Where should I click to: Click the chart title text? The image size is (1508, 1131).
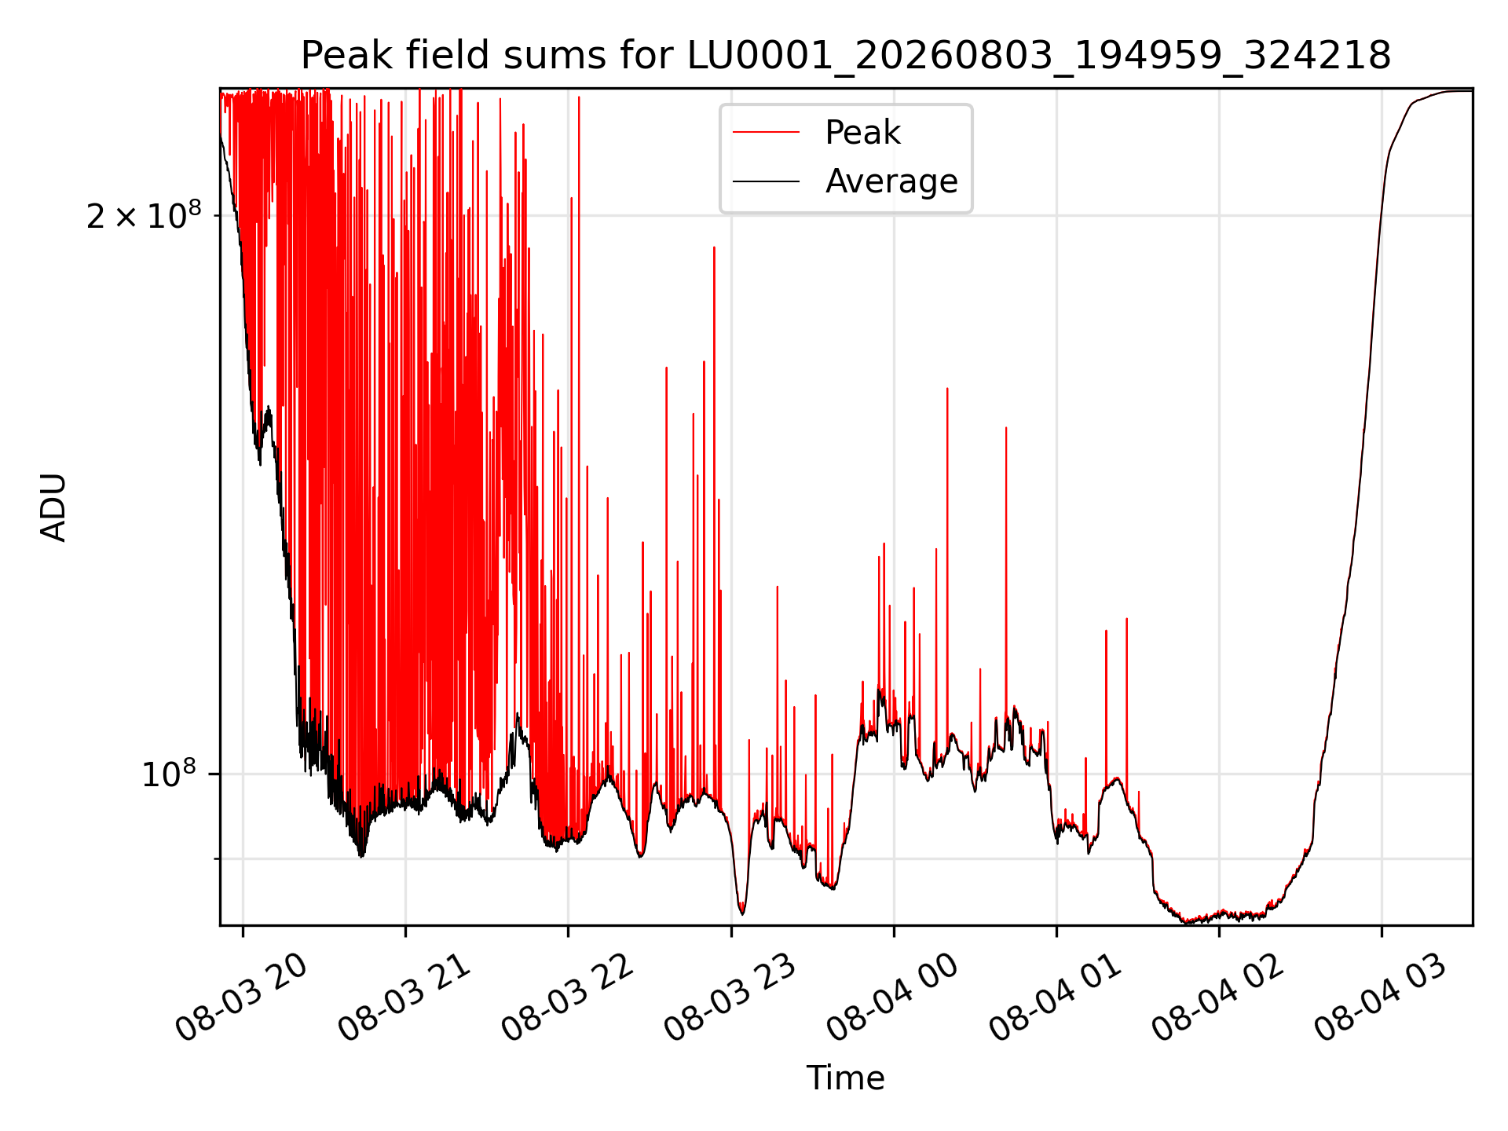[x=846, y=56]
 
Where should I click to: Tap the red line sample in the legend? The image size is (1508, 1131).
[x=766, y=133]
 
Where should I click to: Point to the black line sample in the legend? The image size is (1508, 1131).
[x=766, y=181]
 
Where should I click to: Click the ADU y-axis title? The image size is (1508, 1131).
[x=53, y=507]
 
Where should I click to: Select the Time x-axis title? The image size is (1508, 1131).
[x=846, y=1078]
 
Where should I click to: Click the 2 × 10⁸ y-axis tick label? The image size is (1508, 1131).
[x=144, y=214]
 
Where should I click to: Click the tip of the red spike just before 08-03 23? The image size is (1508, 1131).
[x=714, y=247]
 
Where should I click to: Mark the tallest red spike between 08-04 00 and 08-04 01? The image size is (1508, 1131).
[x=947, y=389]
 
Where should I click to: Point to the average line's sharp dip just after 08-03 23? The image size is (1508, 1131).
[x=742, y=913]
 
